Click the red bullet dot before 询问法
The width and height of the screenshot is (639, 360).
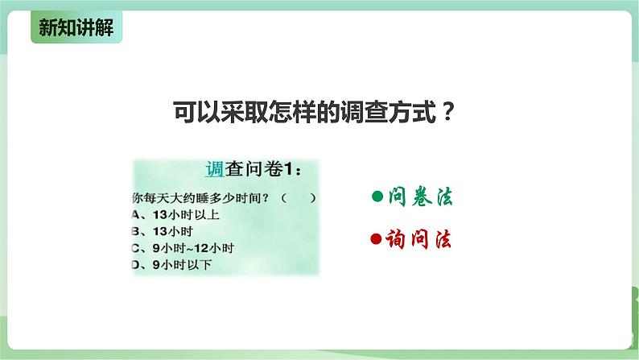pyautogui.click(x=376, y=240)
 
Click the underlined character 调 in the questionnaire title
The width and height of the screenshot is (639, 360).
pyautogui.click(x=214, y=170)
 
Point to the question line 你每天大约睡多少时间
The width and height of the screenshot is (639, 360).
pyautogui.click(x=198, y=197)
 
